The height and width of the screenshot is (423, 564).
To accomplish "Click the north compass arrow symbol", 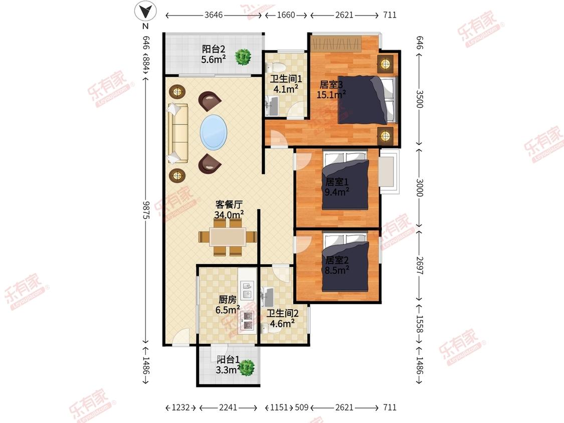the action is (146, 12).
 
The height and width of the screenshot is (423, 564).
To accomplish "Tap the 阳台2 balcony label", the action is (214, 49).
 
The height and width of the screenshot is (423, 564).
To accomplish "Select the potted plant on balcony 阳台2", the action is (243, 57).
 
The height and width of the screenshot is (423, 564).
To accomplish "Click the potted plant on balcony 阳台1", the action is (247, 368).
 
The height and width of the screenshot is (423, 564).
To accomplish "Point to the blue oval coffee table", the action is (213, 132).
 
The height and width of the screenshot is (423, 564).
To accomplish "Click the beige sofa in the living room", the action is (177, 134).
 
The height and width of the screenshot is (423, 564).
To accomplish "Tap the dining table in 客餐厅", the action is (228, 237).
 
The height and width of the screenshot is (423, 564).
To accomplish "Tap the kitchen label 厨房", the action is (228, 299).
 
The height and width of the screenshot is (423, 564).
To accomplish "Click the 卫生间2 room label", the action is (282, 313).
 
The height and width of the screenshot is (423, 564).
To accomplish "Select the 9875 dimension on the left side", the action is (146, 209).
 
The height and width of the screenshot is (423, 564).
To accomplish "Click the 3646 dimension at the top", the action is (214, 15).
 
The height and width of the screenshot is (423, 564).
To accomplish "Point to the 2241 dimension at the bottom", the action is (228, 407).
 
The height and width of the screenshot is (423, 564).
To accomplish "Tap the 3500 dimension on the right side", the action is (420, 99).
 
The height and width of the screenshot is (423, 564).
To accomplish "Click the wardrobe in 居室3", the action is (335, 44).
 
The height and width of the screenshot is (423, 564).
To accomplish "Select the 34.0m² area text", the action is (229, 215).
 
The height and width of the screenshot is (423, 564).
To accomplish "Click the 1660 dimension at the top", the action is (286, 15).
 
